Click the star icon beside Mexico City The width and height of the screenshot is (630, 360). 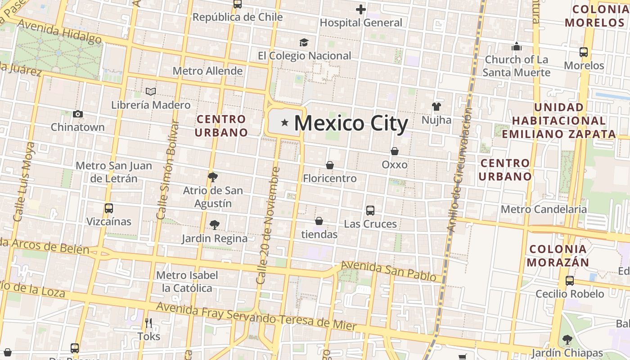coord(284,122)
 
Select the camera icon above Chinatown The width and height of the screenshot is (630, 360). coord(78,114)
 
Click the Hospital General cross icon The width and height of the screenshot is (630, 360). coord(360,9)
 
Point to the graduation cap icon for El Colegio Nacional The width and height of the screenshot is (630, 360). coord(304,43)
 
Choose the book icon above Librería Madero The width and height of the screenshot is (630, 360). coord(151,92)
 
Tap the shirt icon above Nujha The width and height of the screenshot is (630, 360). coord(436,107)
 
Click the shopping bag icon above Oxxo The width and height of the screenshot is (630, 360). coord(395,151)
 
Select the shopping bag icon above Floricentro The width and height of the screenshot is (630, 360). coord(330,165)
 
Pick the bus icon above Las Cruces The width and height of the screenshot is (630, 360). coord(370,210)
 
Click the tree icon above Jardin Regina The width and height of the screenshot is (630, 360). coord(215,225)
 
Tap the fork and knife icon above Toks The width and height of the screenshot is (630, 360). coord(148,323)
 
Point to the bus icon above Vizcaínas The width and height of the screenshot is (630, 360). coord(108,208)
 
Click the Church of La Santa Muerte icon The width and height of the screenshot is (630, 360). coord(517,46)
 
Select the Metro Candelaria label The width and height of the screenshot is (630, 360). coord(544,209)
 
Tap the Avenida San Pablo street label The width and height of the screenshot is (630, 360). coord(391,271)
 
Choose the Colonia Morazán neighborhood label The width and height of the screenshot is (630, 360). coord(558,256)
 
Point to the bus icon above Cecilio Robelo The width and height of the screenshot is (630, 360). coord(570,281)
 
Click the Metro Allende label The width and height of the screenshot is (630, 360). coord(207,71)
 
